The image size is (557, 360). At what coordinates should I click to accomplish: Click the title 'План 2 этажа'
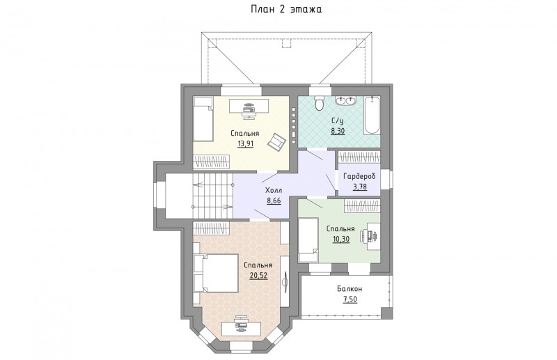point(286,9)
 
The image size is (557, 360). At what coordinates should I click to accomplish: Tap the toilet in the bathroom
point(320,102)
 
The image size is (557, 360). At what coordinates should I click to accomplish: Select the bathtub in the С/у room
point(372,115)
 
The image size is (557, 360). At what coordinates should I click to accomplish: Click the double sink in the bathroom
point(345,100)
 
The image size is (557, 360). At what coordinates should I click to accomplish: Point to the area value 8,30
point(338,131)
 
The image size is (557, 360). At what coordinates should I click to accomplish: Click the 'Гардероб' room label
point(359,176)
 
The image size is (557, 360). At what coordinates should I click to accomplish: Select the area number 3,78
point(359,187)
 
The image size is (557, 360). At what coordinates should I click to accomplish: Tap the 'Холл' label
point(274,191)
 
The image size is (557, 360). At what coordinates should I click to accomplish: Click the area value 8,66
point(274,201)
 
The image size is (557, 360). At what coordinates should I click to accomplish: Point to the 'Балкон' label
point(350,289)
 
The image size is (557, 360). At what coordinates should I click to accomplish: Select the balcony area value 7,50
point(350,299)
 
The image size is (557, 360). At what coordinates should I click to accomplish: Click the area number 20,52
point(258,276)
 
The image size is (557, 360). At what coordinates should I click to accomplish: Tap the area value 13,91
point(245,143)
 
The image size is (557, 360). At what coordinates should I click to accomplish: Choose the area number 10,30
point(341,239)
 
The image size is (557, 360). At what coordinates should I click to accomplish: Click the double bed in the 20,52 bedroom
point(216,273)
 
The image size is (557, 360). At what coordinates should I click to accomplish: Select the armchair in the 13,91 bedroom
point(276,141)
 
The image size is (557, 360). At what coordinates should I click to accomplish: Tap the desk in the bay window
point(241,328)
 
